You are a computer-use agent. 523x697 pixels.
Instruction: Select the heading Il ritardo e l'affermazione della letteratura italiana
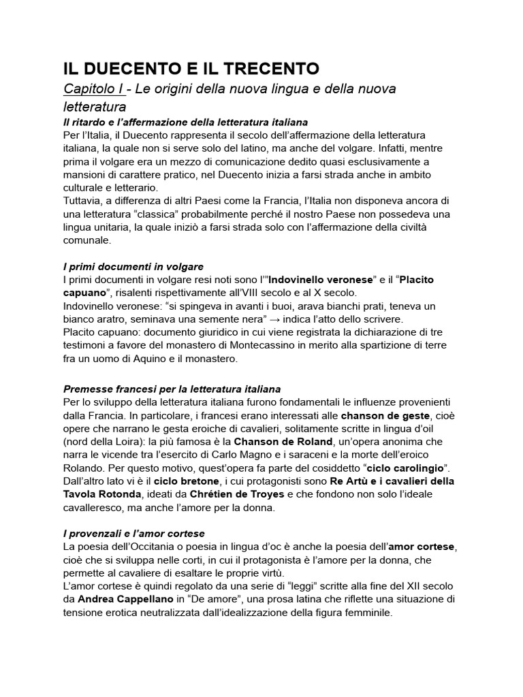point(186,123)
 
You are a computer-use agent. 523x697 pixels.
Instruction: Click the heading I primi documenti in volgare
point(133,266)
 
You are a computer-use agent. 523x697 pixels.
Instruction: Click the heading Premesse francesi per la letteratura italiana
point(172,389)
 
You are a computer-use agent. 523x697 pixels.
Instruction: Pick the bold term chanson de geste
point(385,416)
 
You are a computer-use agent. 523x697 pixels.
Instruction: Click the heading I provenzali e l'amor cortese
point(134,534)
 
